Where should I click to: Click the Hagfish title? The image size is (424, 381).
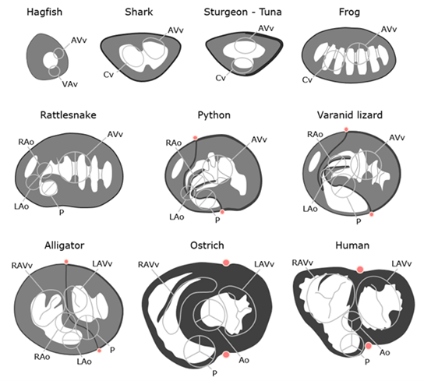[44, 12]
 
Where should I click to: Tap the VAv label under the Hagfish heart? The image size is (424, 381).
[70, 84]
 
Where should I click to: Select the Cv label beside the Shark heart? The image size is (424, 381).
[108, 74]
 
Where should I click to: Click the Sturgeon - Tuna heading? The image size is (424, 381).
[242, 12]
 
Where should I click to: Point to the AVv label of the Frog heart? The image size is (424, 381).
[389, 29]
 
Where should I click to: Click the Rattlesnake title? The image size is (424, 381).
[68, 115]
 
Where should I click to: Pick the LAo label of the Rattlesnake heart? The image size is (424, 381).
[21, 206]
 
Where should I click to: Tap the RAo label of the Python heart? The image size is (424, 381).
[174, 143]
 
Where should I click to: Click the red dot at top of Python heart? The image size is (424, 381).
[195, 138]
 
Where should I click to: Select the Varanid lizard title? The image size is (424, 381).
[350, 115]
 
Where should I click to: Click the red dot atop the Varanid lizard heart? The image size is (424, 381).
[346, 129]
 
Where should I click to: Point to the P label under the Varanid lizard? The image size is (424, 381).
[359, 222]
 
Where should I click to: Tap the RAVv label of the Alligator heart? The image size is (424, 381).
[22, 266]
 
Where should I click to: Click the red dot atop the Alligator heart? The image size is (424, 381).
[66, 262]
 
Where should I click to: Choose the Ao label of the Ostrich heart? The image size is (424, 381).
[244, 360]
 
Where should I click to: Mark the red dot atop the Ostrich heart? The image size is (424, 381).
[226, 263]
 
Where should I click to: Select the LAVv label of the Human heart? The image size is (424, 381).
[401, 263]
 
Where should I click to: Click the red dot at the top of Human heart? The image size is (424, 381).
[360, 270]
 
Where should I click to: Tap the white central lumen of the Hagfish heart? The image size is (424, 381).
[49, 60]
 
